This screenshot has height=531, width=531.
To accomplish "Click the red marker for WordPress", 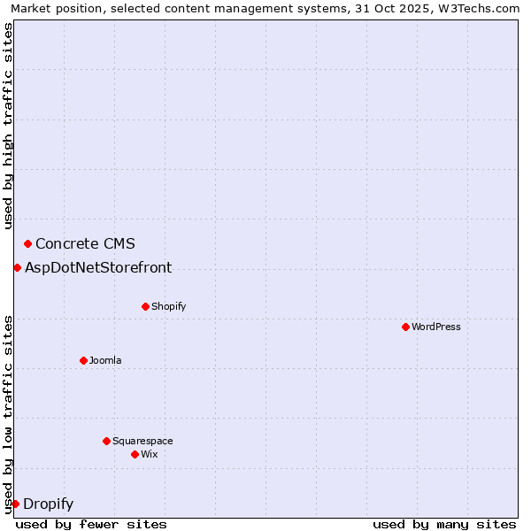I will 405,327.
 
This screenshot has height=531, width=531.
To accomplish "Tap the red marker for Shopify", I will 145,306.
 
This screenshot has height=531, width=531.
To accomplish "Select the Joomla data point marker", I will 83,360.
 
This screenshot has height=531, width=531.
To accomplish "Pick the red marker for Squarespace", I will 106,441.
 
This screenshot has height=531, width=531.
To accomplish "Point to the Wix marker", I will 135,454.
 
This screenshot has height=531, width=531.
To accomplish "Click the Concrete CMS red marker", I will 27,243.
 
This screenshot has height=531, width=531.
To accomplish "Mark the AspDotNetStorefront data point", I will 17,267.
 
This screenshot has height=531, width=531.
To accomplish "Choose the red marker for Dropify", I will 15,504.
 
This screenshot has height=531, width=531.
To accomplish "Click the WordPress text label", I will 436,327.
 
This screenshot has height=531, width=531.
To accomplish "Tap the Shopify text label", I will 168,306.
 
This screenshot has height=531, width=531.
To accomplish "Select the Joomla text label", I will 105,360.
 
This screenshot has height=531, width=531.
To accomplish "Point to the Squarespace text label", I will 142,441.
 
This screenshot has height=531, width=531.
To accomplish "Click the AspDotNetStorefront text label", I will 98,267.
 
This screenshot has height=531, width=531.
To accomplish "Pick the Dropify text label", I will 48,504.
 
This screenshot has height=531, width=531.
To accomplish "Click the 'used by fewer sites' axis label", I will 91,524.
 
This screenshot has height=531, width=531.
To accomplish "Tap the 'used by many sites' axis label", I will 444,524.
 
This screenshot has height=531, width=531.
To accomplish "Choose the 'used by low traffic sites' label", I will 8,414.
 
